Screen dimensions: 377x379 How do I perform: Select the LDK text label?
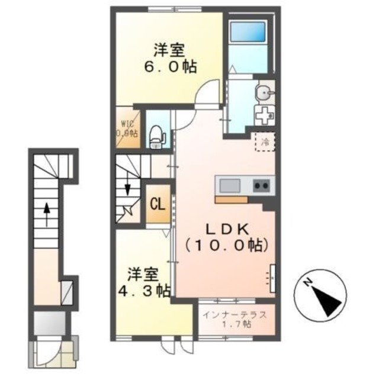pyautogui.click(x=223, y=228)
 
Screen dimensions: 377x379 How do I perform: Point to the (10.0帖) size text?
pyautogui.click(x=223, y=244)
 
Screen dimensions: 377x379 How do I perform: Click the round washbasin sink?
pyautogui.click(x=264, y=92)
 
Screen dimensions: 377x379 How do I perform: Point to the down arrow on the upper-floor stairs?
pyautogui.click(x=128, y=191)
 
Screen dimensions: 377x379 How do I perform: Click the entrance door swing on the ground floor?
pyautogui.click(x=46, y=354)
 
